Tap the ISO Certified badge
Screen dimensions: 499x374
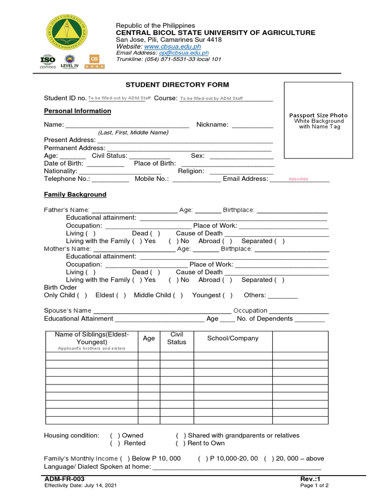(x=48, y=61)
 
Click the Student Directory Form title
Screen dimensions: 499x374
(x=177, y=85)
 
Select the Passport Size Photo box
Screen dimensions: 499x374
(x=318, y=121)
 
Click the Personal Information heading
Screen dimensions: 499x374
(x=77, y=111)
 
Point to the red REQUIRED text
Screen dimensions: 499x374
(x=299, y=179)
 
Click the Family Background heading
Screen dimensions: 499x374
(x=75, y=194)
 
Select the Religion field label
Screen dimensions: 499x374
(x=191, y=171)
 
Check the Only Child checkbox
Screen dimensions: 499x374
(x=82, y=295)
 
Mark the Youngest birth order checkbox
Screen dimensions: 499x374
(x=227, y=295)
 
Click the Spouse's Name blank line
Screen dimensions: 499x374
(x=162, y=311)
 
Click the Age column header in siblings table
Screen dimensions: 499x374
(x=149, y=338)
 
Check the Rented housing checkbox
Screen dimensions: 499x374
(x=115, y=443)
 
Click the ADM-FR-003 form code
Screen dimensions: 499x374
(x=61, y=480)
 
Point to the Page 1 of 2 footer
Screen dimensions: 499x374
(x=315, y=485)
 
